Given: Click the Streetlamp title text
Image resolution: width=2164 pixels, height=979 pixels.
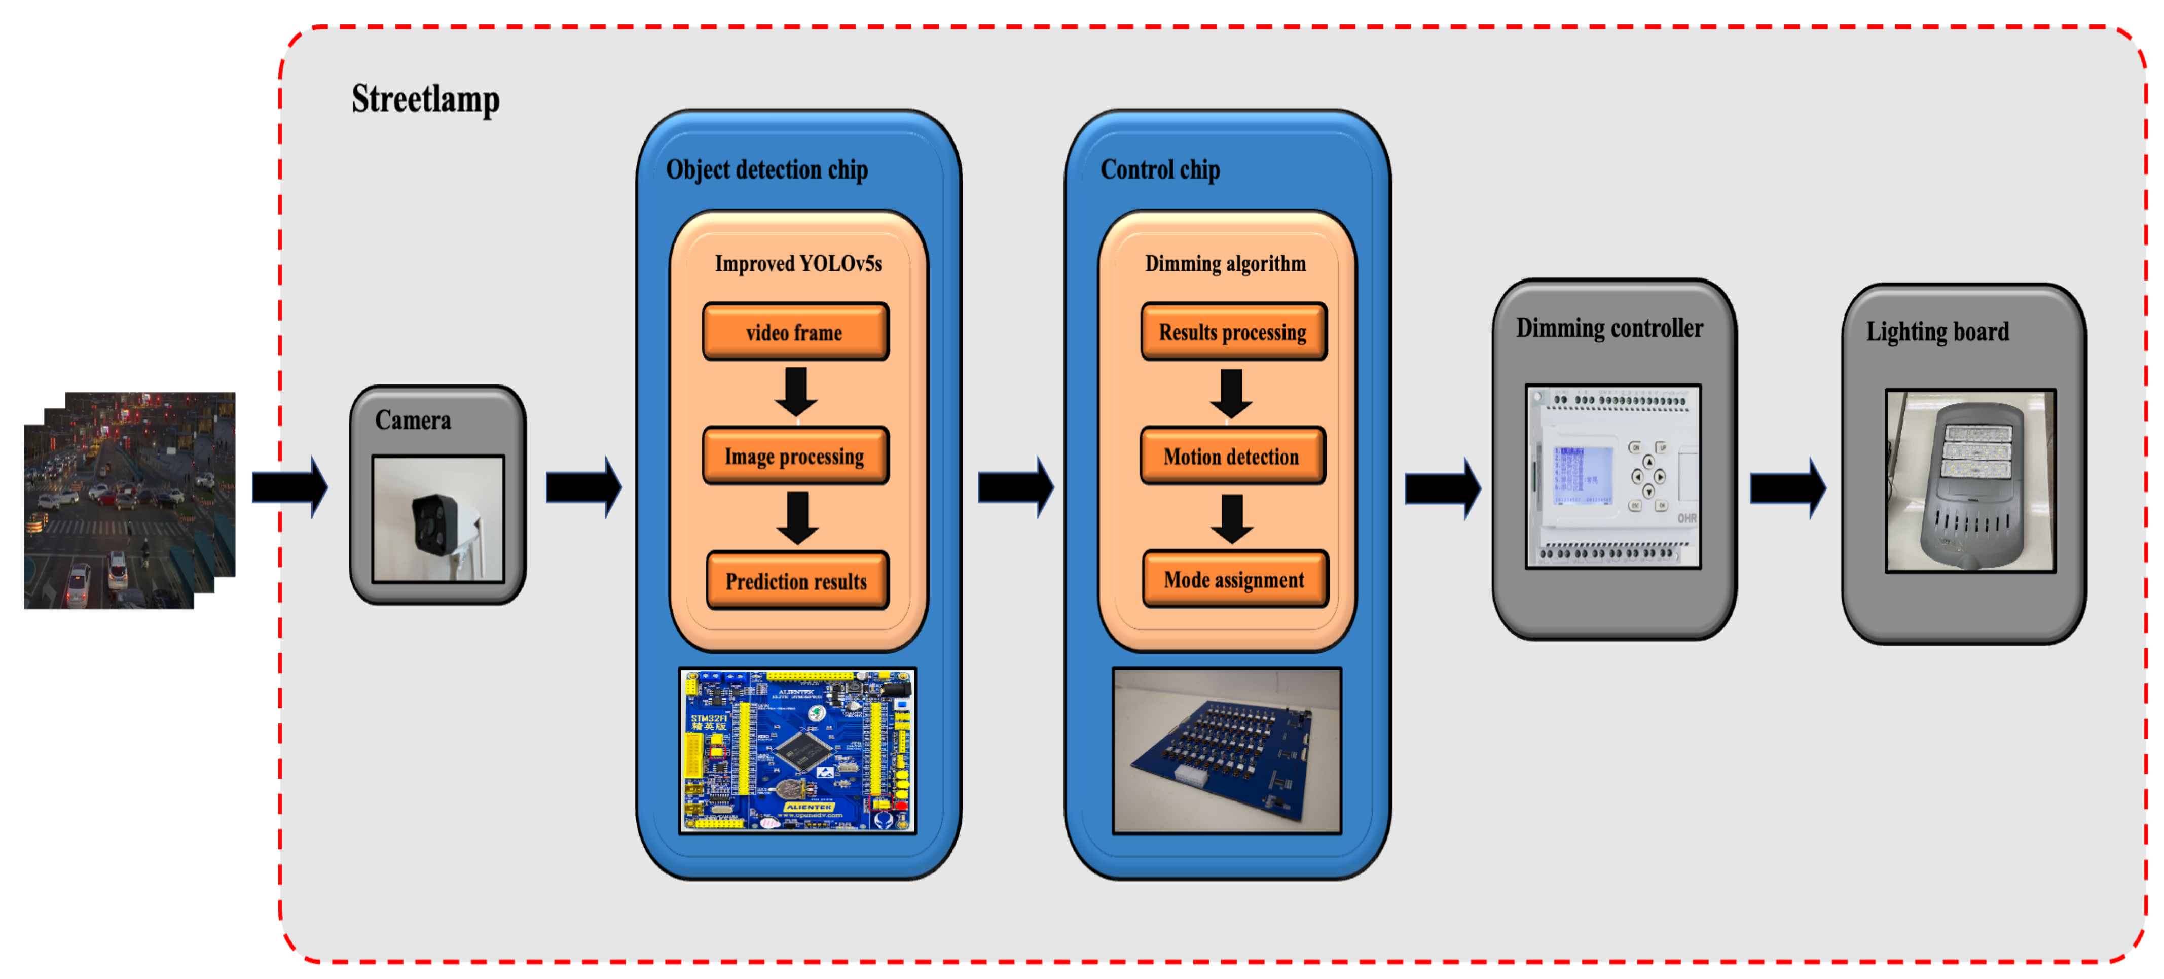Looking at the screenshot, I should [425, 99].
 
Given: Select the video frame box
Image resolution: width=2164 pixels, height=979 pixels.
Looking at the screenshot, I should [795, 332].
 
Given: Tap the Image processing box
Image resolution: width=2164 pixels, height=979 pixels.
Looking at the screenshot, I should [795, 457].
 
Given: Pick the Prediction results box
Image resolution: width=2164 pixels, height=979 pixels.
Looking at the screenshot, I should [796, 581].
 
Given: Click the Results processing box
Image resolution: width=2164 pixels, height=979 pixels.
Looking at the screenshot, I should [1232, 332].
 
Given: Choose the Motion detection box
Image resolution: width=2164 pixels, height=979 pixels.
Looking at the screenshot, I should [1231, 457].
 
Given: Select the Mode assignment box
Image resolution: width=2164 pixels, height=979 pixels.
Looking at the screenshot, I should [1234, 580].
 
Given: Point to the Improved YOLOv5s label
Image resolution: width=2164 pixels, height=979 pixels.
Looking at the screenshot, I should [798, 264].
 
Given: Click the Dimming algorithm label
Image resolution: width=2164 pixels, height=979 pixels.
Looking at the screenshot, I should [1225, 264].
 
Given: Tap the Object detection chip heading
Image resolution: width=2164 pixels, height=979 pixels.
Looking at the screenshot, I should [766, 170].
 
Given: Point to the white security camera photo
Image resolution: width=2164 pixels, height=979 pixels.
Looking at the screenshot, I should [437, 518].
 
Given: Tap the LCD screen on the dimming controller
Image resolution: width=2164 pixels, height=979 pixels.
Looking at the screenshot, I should [1582, 475].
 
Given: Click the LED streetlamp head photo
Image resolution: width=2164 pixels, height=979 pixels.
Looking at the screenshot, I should [1969, 481].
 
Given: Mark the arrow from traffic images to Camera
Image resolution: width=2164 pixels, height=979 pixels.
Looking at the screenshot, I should [289, 487].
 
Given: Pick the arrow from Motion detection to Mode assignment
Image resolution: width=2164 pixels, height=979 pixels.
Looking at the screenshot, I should [1231, 517].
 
